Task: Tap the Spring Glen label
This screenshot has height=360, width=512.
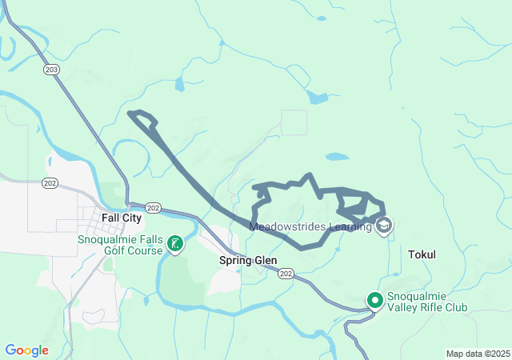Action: point(248,260)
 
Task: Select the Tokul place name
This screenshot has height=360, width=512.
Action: point(422,254)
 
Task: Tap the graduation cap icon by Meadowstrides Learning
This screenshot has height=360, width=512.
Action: point(385,226)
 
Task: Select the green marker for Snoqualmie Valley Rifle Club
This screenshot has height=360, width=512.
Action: point(375,301)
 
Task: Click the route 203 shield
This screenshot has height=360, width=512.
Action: point(52,70)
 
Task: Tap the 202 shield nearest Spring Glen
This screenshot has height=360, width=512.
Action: point(286,274)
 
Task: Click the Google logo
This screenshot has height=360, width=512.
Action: point(26,350)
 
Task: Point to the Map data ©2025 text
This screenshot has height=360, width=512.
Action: point(477,354)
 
